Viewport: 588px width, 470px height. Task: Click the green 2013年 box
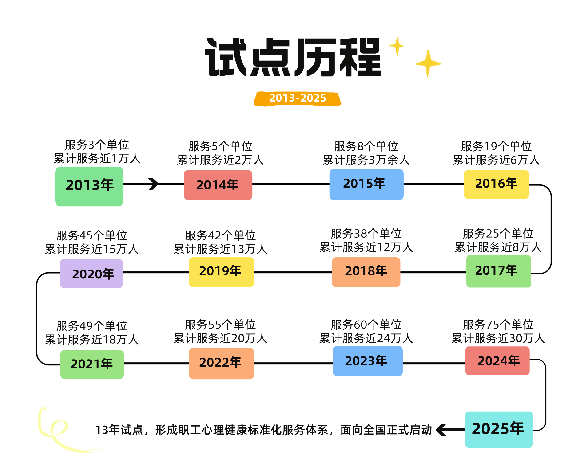pos(89,186)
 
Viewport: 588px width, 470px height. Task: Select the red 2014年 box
pos(218,185)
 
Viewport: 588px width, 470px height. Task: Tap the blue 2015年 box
pos(366,184)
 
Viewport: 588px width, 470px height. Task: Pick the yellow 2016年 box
pos(496,184)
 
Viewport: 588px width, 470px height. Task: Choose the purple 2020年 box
pos(91,273)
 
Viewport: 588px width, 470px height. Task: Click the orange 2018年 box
pos(366,272)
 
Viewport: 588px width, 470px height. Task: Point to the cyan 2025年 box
pos(499,429)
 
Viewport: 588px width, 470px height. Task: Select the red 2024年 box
pos(497,361)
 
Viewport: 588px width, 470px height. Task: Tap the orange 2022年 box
pos(222,364)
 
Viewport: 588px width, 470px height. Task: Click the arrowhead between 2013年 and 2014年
pos(154,184)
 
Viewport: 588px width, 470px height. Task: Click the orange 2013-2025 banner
pos(298,99)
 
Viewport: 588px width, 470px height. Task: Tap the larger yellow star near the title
pos(428,64)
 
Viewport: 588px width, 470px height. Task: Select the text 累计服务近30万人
pos(498,338)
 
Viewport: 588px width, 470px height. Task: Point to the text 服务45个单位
pos(92,235)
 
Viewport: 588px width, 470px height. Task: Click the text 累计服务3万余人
pos(366,160)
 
